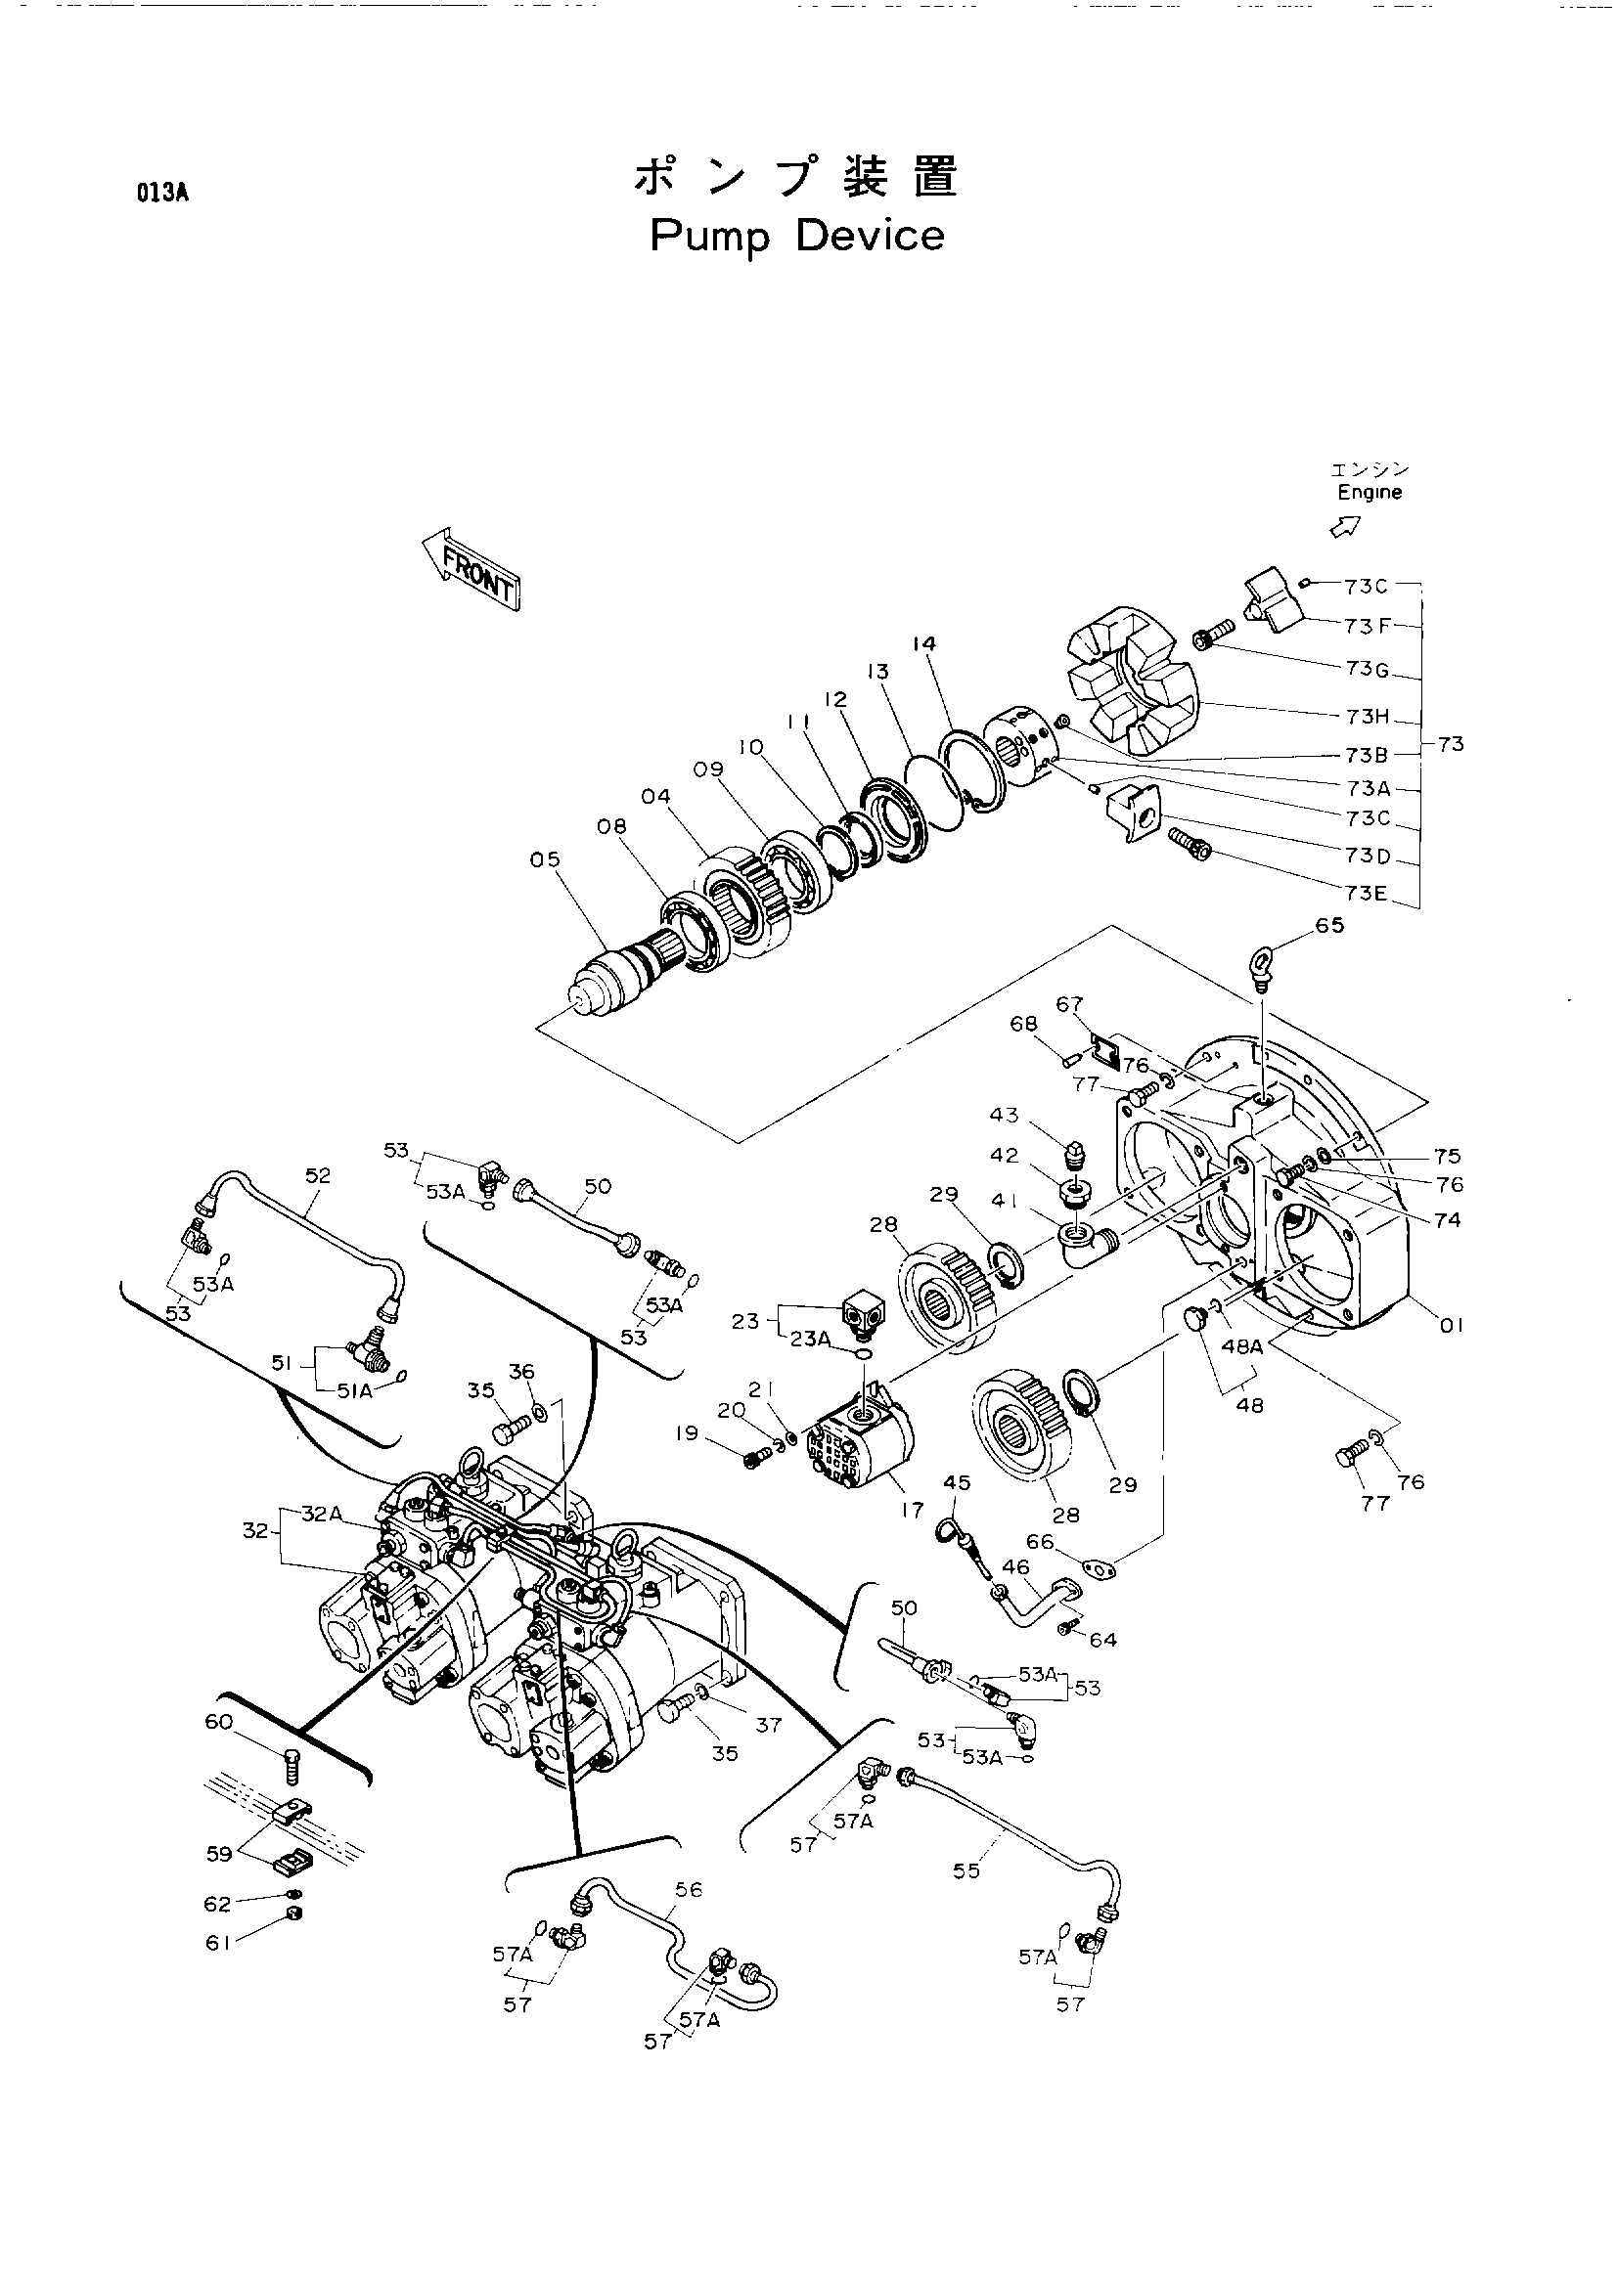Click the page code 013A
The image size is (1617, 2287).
pyautogui.click(x=163, y=194)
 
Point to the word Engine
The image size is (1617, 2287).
pyautogui.click(x=1369, y=493)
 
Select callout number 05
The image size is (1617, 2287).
pyautogui.click(x=545, y=859)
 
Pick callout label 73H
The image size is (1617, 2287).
pyautogui.click(x=1367, y=716)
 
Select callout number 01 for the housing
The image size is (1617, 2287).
pyautogui.click(x=1452, y=1326)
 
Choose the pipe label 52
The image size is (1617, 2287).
pyautogui.click(x=318, y=1175)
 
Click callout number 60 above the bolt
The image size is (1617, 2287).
pyautogui.click(x=219, y=1722)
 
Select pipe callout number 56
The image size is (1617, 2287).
pyautogui.click(x=689, y=1890)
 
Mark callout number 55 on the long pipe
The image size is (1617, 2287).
pyautogui.click(x=966, y=1870)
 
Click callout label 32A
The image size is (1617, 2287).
pyautogui.click(x=322, y=1514)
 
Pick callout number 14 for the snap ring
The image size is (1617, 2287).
pyautogui.click(x=923, y=644)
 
